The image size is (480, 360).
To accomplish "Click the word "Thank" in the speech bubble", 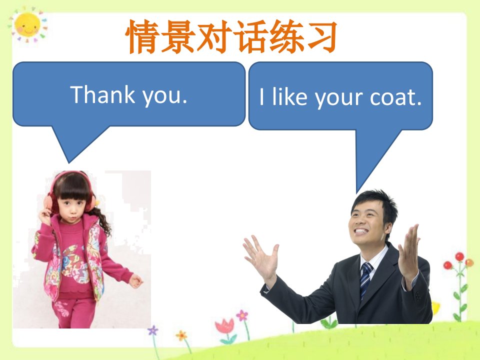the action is [x=102, y=94].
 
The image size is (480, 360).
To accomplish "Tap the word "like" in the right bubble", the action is [x=290, y=96].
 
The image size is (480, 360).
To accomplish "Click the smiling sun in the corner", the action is [x=27, y=25].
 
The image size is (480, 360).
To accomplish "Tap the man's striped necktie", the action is [x=366, y=279].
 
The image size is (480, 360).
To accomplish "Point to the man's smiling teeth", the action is [x=361, y=231].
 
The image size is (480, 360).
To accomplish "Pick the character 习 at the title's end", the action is [x=321, y=36].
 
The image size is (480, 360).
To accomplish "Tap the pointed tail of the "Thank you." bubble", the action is [x=69, y=162].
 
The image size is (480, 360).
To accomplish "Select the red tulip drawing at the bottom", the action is [x=225, y=330].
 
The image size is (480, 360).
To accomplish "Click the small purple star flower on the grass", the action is [x=153, y=330].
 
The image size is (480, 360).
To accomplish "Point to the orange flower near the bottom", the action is [x=181, y=336].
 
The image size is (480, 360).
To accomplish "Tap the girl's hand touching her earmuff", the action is [x=45, y=216].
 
